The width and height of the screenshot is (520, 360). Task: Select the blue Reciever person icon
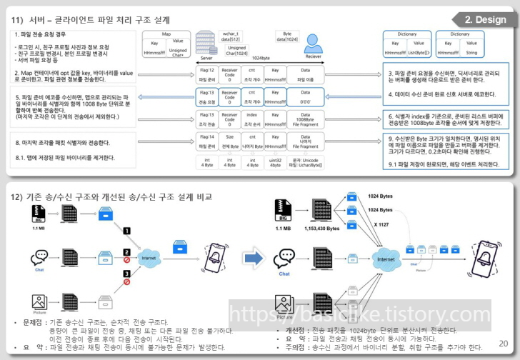[x=312, y=43]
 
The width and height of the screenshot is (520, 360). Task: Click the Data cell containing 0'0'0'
[x=305, y=97]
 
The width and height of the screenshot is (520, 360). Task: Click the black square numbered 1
[x=126, y=231]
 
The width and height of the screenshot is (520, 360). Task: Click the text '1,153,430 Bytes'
[x=323, y=229]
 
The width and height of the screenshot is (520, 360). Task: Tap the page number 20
[x=504, y=344]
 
